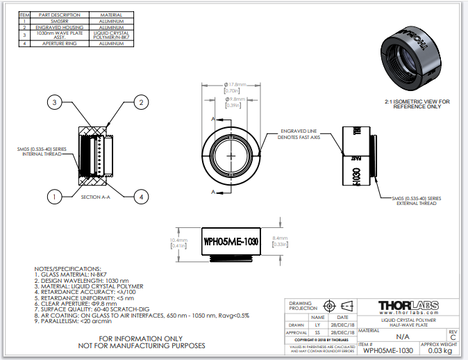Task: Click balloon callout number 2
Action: click(140, 103)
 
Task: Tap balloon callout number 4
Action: click(141, 197)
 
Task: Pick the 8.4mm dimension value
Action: click(281, 238)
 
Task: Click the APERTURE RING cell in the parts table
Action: click(49, 44)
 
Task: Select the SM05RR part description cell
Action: click(49, 21)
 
